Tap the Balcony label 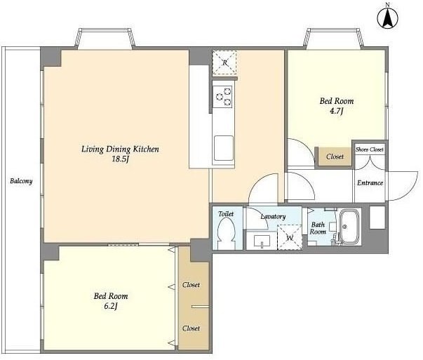(21, 181)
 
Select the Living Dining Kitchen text (120, 149)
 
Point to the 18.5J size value (120, 159)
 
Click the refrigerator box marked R (224, 63)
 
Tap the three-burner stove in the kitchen (222, 97)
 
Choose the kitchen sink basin (224, 148)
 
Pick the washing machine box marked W (290, 237)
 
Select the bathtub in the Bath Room (350, 227)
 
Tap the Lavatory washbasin (262, 241)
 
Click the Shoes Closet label (369, 149)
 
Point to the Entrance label (370, 183)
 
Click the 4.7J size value (337, 111)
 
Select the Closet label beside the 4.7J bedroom (335, 156)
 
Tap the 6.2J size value (111, 306)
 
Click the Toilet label (226, 214)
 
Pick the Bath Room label (318, 228)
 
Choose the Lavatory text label (273, 216)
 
